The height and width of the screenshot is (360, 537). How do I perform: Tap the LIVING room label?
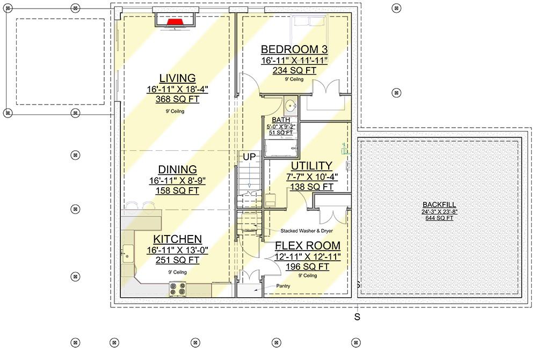177,78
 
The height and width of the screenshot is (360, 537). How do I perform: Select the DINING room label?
177,170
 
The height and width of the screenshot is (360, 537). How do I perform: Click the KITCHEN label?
177,239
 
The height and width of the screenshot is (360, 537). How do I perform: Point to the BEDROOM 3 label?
294,49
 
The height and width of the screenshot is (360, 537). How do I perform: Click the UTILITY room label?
311,166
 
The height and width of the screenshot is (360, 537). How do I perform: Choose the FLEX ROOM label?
308,245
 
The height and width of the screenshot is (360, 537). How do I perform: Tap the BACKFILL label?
439,204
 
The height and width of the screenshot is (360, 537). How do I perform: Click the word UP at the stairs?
249,157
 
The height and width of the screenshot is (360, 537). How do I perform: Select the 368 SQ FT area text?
177,99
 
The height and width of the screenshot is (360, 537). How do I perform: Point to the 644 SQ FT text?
439,218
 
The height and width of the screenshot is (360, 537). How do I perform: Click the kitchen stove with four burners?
178,289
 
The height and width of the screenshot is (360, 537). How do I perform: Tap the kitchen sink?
127,254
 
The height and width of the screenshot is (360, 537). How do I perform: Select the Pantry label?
283,286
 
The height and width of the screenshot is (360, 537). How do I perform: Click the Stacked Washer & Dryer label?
307,231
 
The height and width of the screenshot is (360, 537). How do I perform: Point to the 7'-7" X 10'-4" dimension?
312,177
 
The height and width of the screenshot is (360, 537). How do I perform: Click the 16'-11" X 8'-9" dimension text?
177,181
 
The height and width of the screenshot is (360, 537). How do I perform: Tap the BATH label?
281,120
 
